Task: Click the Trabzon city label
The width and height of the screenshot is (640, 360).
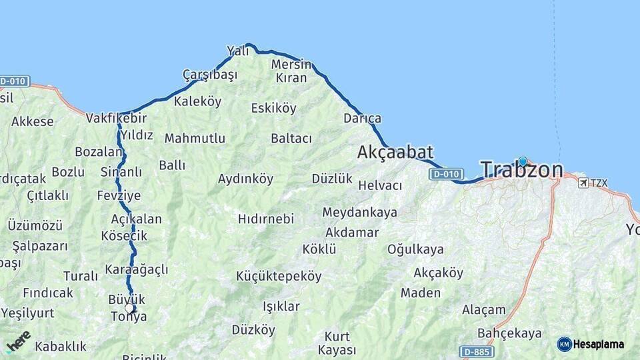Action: point(522,171)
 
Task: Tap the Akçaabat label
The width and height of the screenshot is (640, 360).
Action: point(395,152)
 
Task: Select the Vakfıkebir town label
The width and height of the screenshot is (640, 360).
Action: point(116,119)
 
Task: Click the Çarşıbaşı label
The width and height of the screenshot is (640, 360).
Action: point(210,75)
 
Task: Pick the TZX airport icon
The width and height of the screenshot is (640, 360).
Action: point(583,182)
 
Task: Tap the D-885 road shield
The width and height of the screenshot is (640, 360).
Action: point(477,351)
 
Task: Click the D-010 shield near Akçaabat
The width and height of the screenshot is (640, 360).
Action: point(446,174)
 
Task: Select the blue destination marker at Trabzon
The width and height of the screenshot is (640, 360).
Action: point(523,161)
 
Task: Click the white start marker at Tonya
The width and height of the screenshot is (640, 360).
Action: point(129,308)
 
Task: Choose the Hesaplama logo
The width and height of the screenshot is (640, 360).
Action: point(591,344)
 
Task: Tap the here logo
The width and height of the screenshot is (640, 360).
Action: point(18,342)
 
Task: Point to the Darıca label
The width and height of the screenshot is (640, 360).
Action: point(363,119)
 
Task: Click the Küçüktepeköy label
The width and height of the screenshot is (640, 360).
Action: point(279,276)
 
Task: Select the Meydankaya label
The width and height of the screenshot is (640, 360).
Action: point(359,213)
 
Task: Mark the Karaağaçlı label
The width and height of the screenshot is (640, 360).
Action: point(137,270)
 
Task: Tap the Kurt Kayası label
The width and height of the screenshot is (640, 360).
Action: point(337,343)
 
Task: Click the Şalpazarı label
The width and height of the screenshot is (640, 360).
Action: point(40,246)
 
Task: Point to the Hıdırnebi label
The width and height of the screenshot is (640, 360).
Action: point(266,219)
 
